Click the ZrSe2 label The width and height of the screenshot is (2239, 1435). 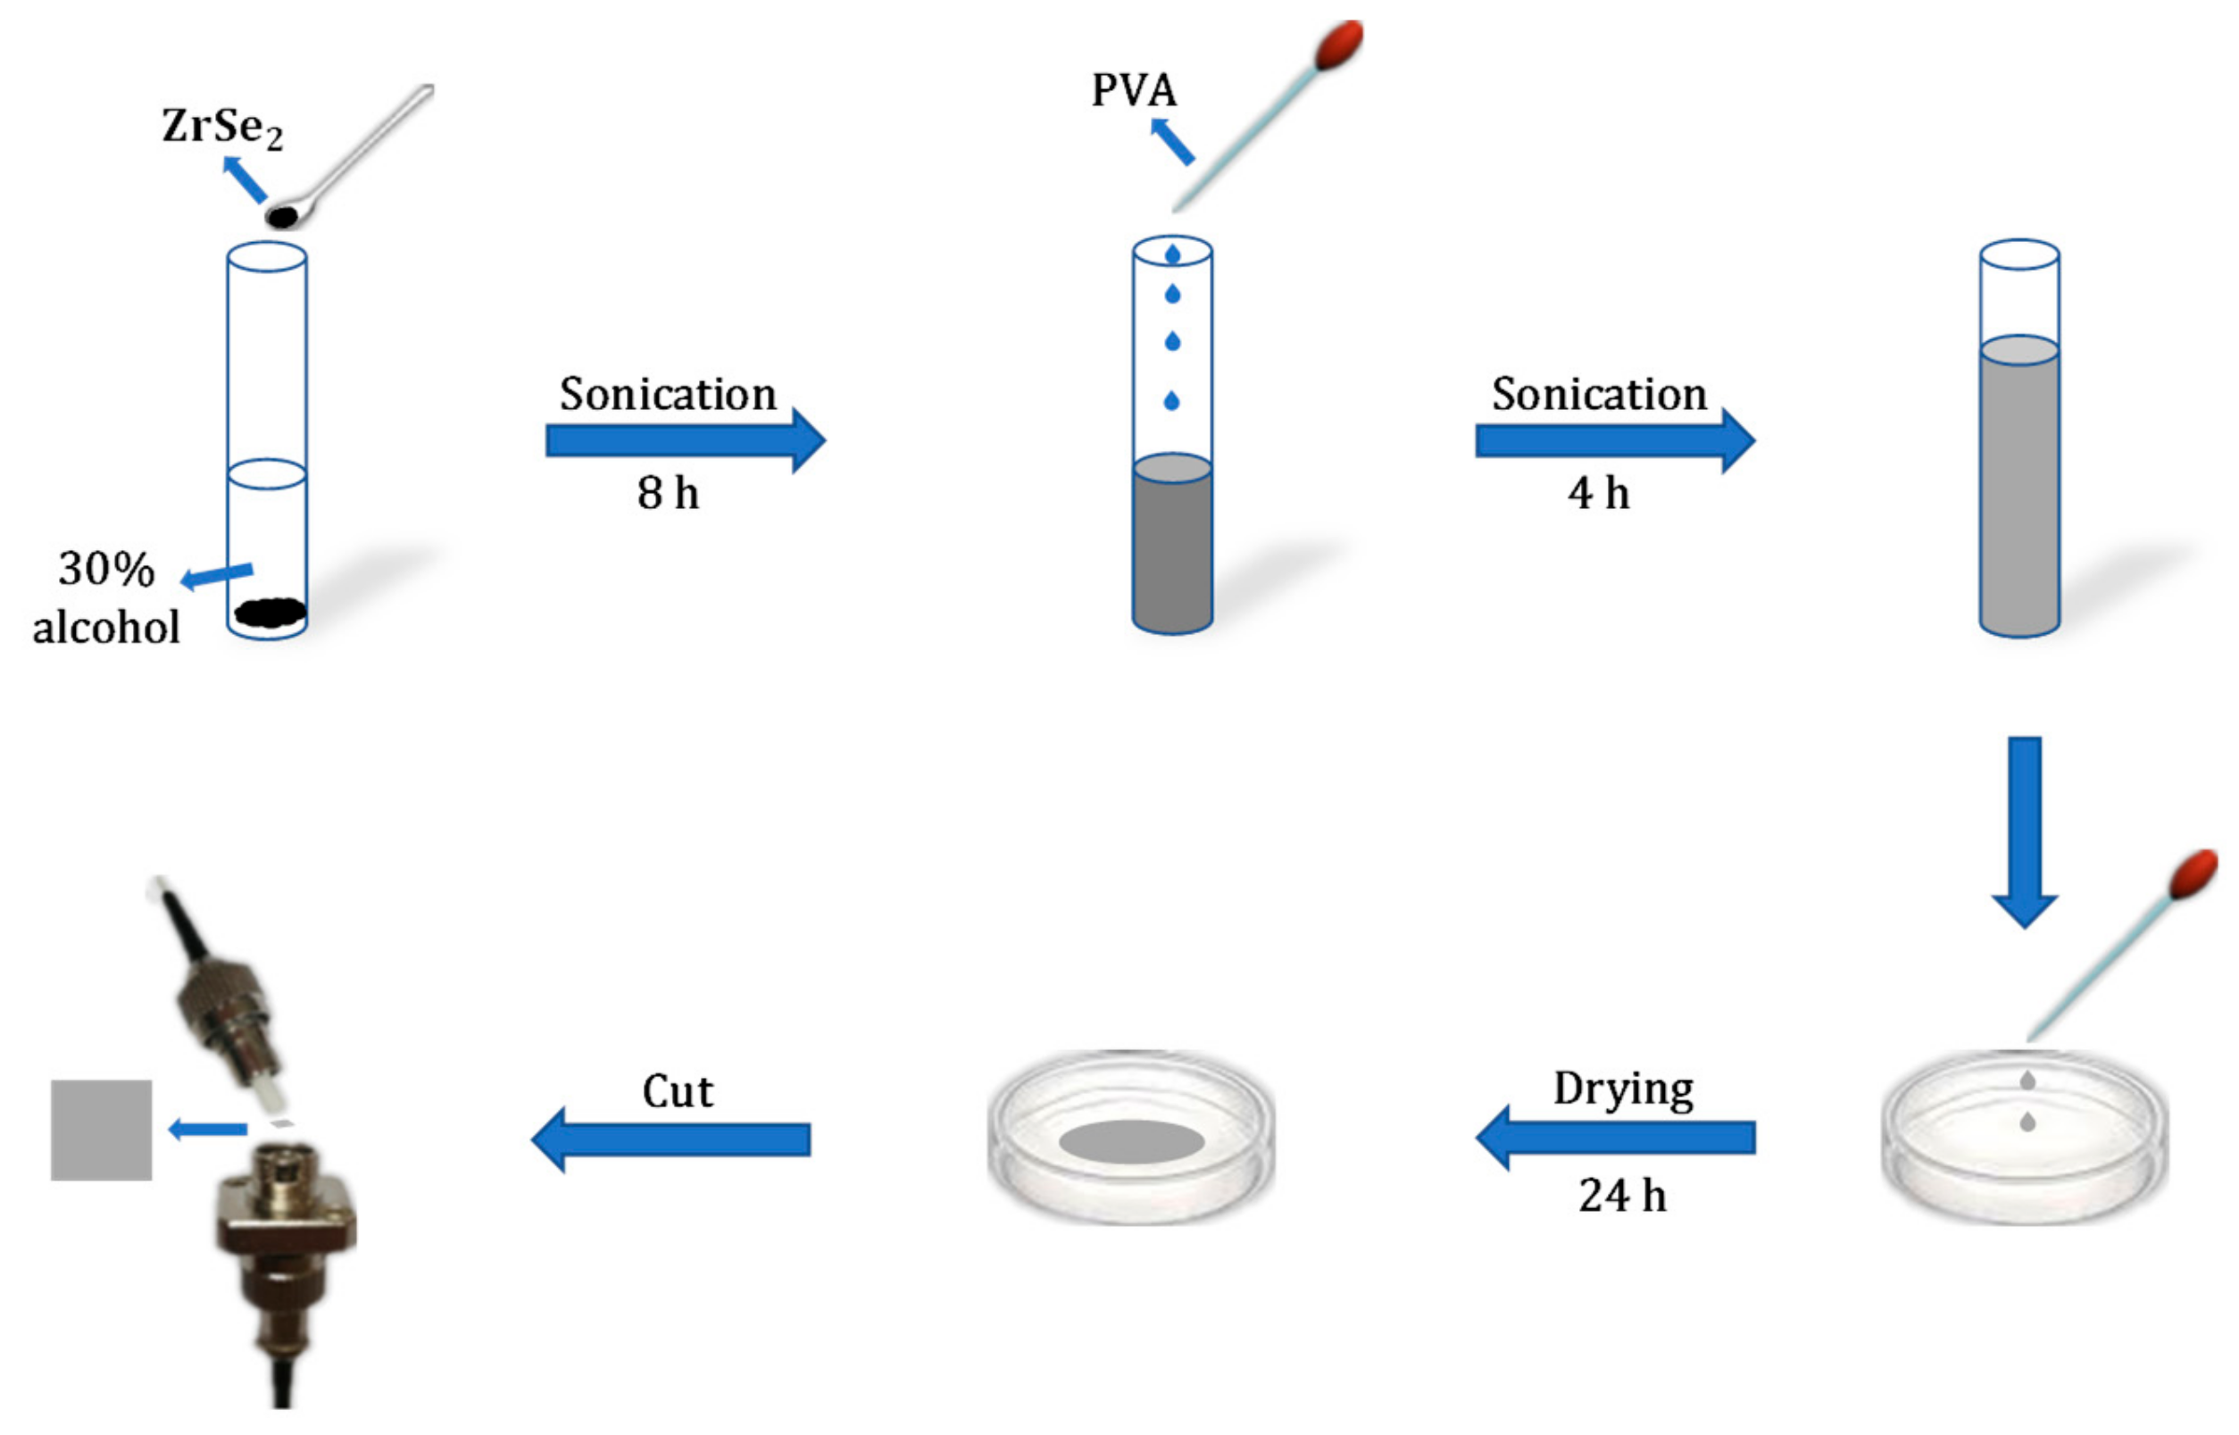[221, 127]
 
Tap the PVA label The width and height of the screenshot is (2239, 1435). [1134, 90]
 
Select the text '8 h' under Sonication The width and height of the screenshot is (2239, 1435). [668, 493]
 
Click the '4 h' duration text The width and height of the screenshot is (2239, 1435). [1598, 493]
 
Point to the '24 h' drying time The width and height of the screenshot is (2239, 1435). [1621, 1196]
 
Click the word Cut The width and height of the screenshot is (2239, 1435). [677, 1091]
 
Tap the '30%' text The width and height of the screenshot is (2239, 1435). [106, 569]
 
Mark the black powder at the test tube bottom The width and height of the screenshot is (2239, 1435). [271, 613]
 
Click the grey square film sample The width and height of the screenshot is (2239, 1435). [101, 1130]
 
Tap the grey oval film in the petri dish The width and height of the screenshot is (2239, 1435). [1131, 1141]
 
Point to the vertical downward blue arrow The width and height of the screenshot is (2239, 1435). [2024, 830]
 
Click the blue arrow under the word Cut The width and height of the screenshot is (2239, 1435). [670, 1139]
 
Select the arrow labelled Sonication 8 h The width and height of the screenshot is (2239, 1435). [685, 440]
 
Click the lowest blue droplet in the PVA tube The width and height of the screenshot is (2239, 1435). [1171, 401]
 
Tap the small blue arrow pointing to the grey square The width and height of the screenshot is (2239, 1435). [207, 1130]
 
